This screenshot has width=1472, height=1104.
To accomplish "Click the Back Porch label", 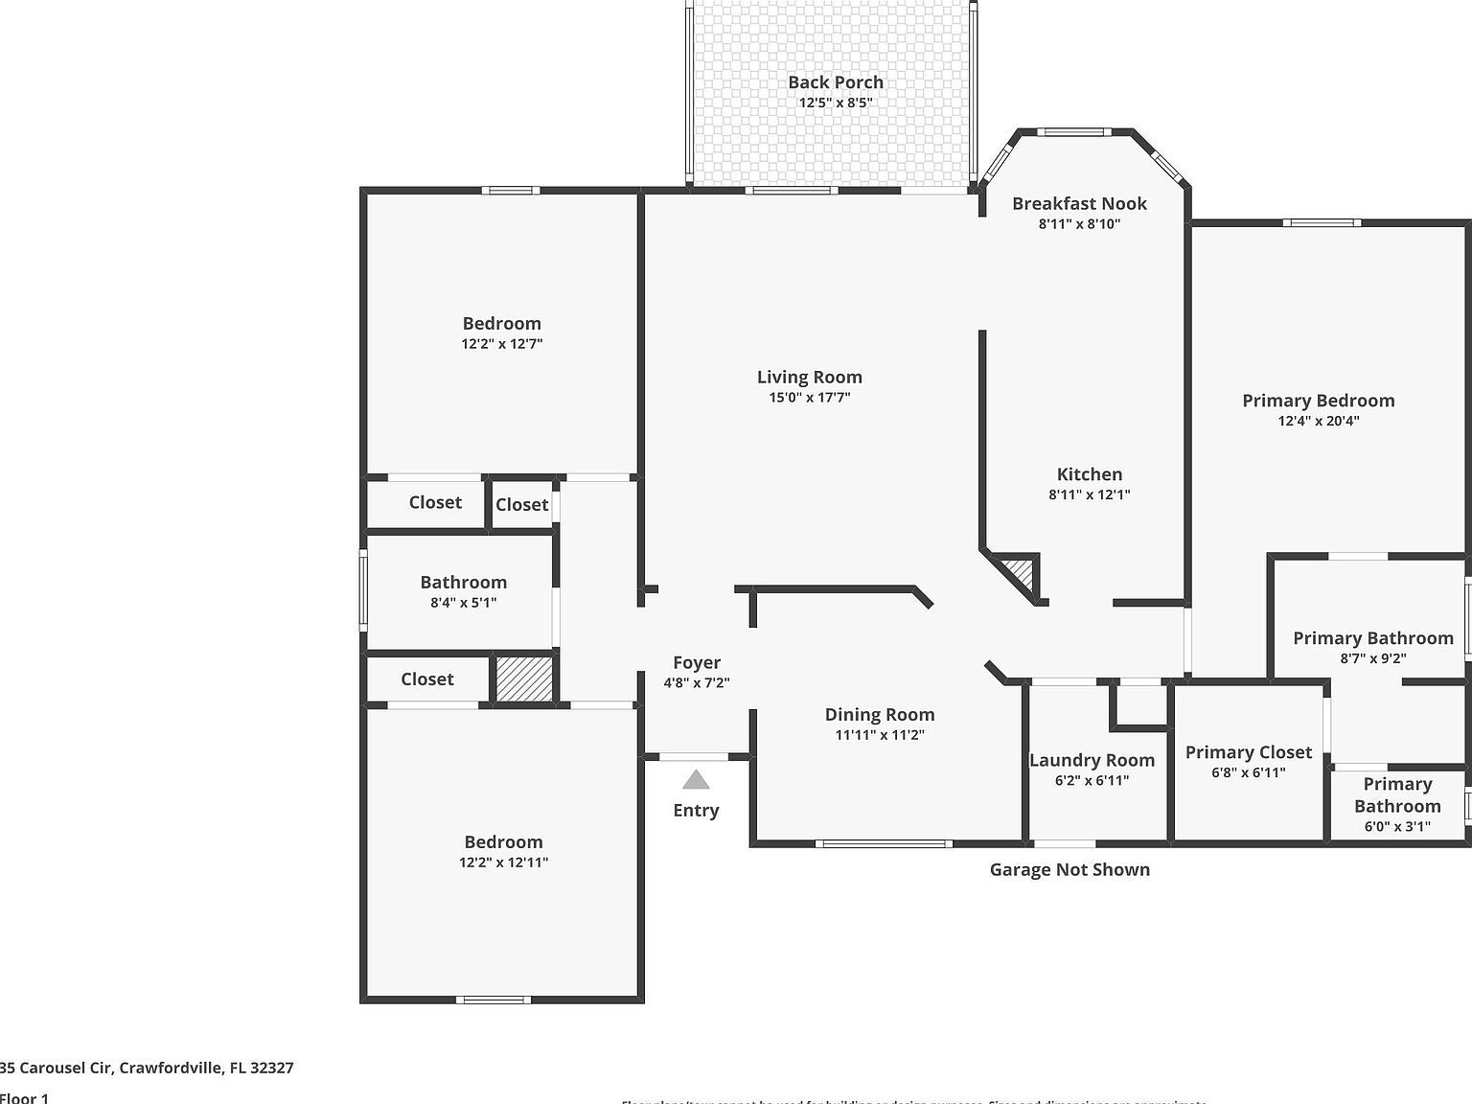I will point(836,82).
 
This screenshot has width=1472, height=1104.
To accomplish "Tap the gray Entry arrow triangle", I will point(696,780).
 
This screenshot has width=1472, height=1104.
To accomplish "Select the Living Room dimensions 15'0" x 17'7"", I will point(810,398).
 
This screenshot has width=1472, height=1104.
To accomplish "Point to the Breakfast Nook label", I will point(1079,203).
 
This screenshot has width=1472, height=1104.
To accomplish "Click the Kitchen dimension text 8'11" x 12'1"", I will point(1090,495).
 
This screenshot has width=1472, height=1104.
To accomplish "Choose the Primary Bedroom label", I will point(1318,401).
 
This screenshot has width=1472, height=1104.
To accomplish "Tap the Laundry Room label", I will point(1092,760).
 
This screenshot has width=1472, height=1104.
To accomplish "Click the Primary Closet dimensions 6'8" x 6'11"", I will point(1248,773).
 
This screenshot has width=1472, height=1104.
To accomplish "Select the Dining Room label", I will point(879,714).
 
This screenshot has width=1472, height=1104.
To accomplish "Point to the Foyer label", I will point(697,662).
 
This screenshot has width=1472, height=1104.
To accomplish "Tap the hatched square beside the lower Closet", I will point(524,678).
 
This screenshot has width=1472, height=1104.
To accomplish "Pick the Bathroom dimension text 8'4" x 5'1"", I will point(463,603).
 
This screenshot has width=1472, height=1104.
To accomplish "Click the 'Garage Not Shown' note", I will point(1069,869).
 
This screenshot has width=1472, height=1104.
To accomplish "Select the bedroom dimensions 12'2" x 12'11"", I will point(503,862).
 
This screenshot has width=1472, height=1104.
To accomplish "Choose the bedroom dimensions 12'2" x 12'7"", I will point(501,344).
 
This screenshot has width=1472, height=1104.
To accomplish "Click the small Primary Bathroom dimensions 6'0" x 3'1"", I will point(1397,826).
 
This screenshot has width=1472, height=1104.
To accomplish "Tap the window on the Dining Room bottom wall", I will point(884,844).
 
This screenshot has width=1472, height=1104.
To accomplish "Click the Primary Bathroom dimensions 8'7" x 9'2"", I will point(1372,659).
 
